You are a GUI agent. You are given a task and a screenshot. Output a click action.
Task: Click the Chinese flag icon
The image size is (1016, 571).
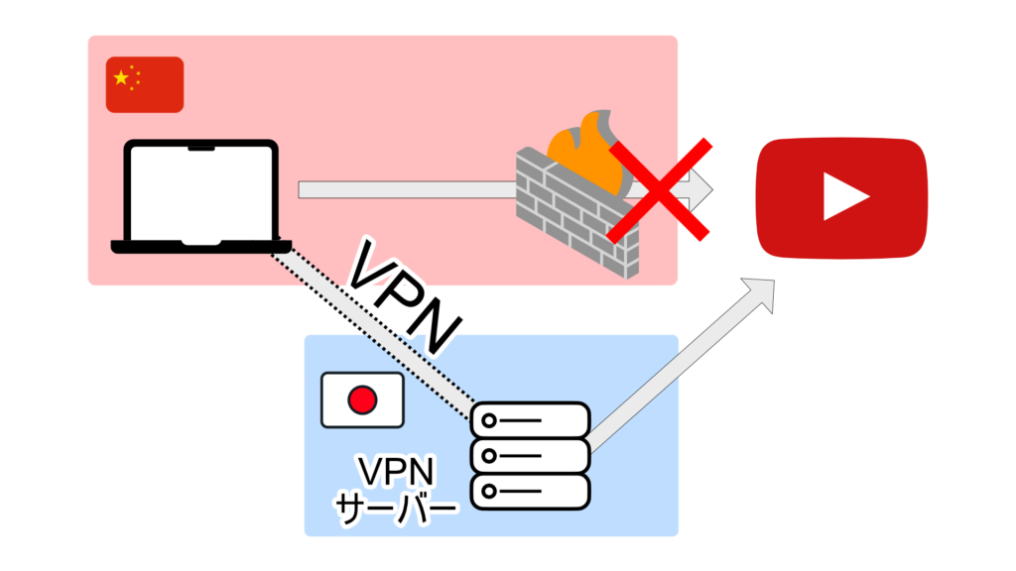coord(145,84)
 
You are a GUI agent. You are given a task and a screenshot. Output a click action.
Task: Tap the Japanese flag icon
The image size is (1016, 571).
coord(361,400)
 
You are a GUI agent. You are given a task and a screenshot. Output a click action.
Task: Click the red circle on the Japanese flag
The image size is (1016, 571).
coord(361,400)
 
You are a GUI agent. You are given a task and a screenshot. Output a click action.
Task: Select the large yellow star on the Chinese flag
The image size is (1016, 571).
coord(122,77)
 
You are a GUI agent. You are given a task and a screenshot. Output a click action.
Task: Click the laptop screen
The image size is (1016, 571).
coord(201,189)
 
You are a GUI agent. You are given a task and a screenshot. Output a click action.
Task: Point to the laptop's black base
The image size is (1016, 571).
coord(201,246)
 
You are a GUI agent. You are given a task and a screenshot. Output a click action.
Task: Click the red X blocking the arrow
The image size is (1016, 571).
coord(660,189)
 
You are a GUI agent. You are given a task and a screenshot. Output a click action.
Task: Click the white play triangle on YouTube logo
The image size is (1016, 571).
coord(844,196)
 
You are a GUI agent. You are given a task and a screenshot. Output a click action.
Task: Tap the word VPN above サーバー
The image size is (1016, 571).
coord(397,471)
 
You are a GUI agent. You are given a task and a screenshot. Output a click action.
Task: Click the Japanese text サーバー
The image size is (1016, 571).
coord(397,507)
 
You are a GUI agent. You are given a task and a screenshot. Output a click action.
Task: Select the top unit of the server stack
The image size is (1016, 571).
coord(530,420)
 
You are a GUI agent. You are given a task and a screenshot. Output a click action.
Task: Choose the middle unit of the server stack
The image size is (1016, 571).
coord(530,456)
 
